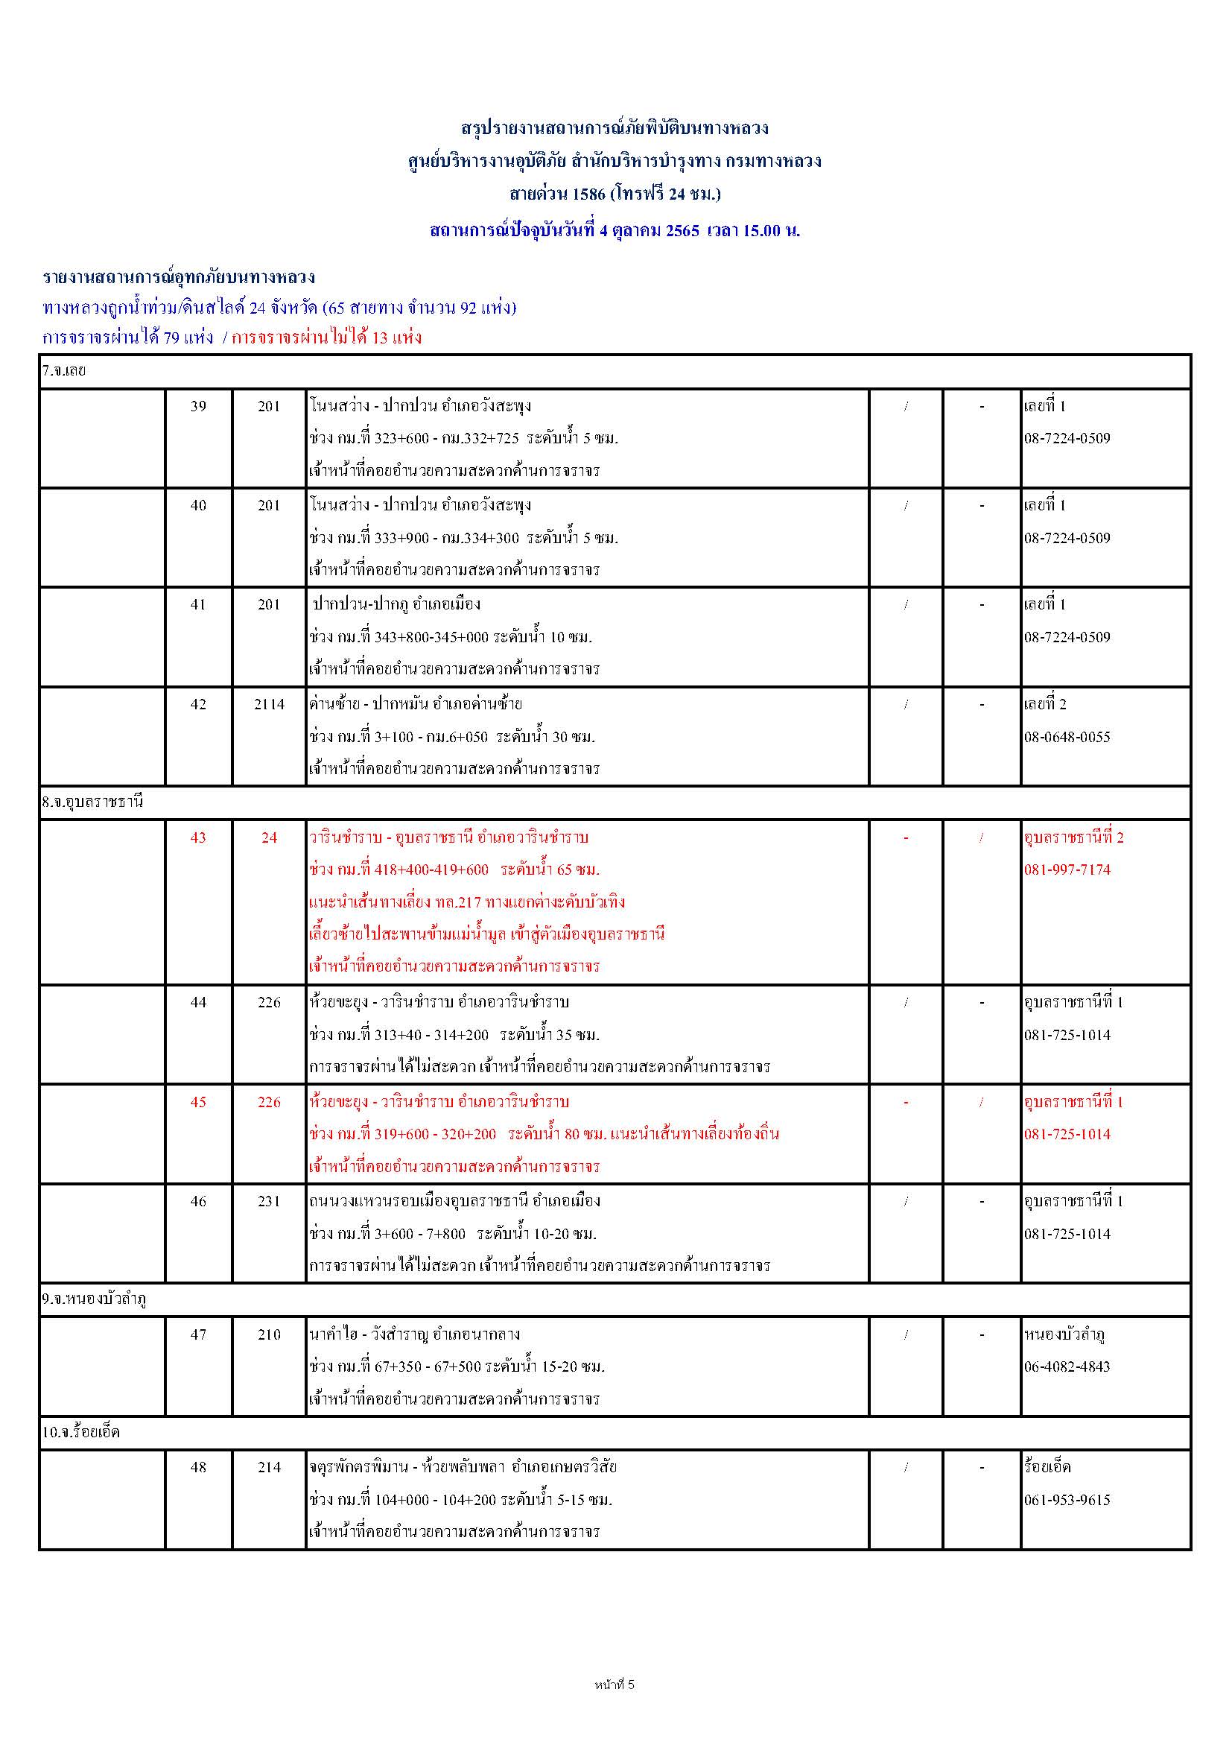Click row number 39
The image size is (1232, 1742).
click(198, 406)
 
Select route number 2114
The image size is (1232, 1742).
click(270, 704)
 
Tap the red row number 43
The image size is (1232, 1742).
click(198, 837)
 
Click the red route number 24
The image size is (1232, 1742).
click(270, 837)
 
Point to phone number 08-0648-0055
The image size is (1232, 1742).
click(1067, 737)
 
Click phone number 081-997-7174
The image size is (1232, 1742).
click(1067, 870)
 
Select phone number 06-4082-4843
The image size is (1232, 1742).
click(1067, 1366)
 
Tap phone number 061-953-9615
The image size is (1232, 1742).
click(1067, 1500)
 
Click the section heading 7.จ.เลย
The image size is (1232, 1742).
click(64, 371)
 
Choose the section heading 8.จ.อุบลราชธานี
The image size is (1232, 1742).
click(92, 802)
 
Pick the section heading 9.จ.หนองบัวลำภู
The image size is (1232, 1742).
click(94, 1299)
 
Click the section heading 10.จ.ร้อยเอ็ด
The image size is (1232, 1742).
click(80, 1433)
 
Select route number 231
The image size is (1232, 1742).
click(270, 1201)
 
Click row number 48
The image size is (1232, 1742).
click(198, 1467)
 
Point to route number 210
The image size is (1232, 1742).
click(270, 1334)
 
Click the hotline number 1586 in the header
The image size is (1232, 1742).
click(588, 194)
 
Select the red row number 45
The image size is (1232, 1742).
click(198, 1102)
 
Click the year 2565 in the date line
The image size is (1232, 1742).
click(682, 231)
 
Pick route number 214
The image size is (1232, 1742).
click(270, 1467)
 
